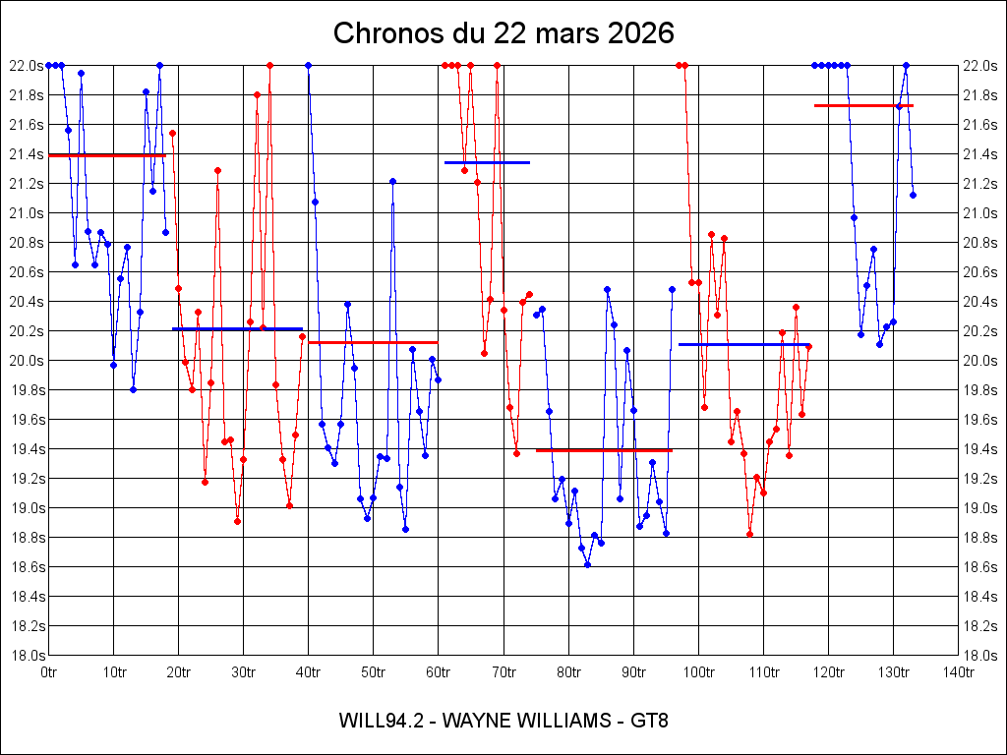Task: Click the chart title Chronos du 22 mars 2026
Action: tap(503, 33)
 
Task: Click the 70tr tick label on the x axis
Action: tap(503, 672)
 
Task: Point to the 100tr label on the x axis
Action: tap(698, 672)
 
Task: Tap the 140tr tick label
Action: tap(958, 672)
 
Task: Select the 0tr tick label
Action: tap(49, 672)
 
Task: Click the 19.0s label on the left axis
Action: tap(25, 508)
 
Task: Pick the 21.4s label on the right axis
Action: tap(982, 154)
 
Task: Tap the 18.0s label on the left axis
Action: tap(25, 656)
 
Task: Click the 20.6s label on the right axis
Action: tap(982, 272)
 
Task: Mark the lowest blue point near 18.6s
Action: tap(587, 564)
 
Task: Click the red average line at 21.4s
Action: tap(107, 155)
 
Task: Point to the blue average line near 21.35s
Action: tap(487, 162)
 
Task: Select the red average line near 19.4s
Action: tap(604, 450)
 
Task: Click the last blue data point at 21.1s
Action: tap(913, 195)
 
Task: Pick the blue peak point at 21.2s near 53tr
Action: tap(392, 181)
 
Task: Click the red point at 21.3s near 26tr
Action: tap(217, 170)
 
